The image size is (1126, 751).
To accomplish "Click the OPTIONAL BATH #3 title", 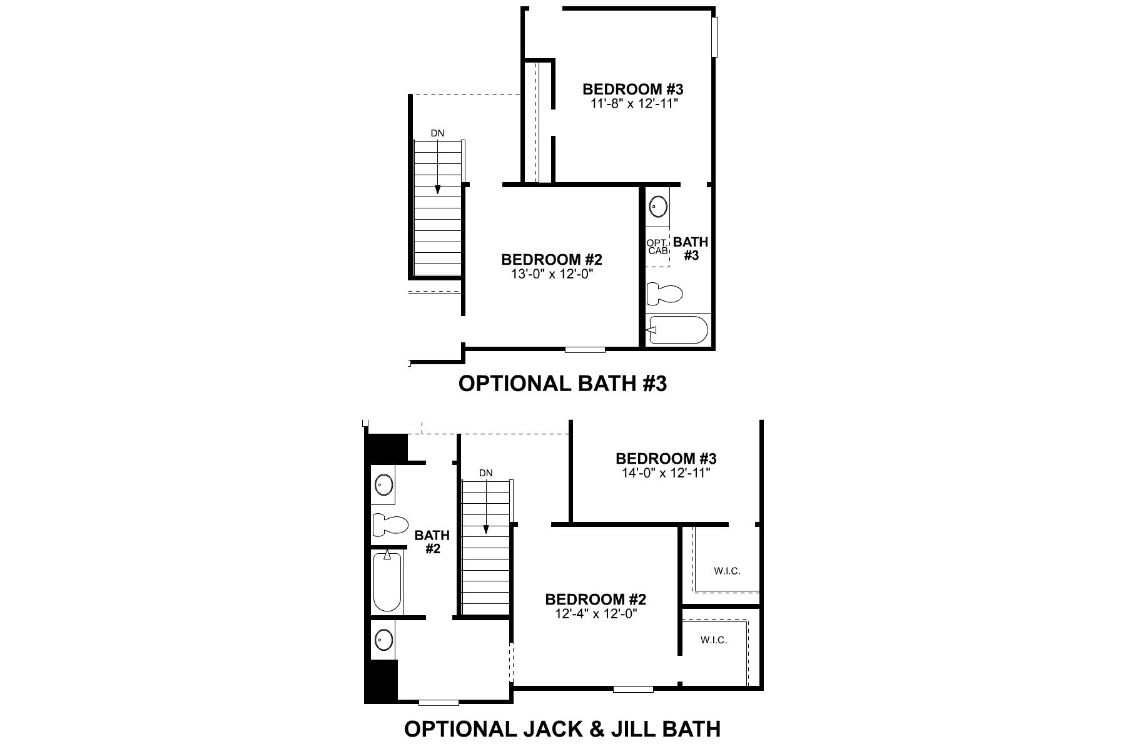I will pos(562,384).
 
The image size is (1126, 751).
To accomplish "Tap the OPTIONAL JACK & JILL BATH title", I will pos(562,729).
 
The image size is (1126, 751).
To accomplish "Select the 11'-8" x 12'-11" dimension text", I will pos(633,103).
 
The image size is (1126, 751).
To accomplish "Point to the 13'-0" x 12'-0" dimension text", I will pos(551,273).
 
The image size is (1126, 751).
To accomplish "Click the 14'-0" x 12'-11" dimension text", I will pos(666,473).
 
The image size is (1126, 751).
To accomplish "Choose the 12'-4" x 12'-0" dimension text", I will pos(596,614).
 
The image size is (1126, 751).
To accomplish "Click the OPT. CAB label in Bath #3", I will pos(657,247).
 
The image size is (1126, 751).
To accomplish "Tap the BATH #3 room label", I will pos(691,248).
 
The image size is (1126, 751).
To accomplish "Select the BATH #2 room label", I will pos(432,542).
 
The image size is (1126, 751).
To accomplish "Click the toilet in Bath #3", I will pos(664,293).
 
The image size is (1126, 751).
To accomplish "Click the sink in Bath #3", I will pos(658,205).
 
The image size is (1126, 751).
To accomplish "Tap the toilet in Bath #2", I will pos(388,524).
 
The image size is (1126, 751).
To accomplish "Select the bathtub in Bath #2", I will pos(387,582).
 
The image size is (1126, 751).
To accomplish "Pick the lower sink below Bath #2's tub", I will pos(383,640).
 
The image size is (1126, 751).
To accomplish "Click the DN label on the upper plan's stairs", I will pos(437,133).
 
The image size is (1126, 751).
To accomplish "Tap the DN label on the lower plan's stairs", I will pos(486,473).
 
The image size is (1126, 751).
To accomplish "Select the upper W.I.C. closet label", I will pos(727,571).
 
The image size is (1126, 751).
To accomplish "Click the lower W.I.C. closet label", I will pos(714,640).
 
